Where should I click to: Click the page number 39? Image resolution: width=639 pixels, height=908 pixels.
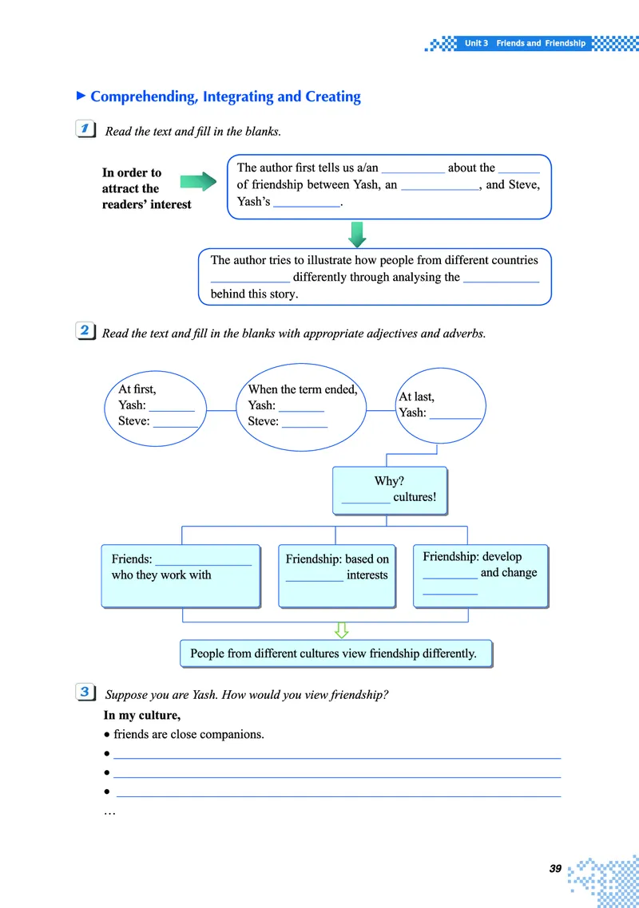(x=555, y=868)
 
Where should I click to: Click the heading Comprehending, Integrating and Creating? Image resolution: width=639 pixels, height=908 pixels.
(x=225, y=97)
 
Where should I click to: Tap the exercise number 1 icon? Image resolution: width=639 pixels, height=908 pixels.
(x=84, y=129)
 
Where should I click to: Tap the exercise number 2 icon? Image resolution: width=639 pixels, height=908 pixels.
(x=84, y=331)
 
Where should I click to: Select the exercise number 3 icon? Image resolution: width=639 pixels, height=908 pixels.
(x=84, y=693)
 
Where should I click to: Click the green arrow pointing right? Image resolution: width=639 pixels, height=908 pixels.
(x=199, y=181)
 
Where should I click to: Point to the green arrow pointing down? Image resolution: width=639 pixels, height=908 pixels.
(x=357, y=234)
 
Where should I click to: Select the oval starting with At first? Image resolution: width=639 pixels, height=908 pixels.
(x=157, y=405)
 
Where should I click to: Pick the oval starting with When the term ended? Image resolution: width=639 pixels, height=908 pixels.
(x=302, y=405)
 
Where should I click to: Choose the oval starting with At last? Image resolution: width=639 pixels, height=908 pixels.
(x=440, y=405)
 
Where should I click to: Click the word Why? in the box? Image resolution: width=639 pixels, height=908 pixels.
(x=389, y=481)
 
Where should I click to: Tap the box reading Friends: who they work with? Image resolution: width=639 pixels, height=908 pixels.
(x=181, y=575)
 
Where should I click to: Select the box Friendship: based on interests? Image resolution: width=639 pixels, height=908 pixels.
(x=337, y=575)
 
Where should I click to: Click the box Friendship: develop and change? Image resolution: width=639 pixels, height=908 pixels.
(x=480, y=574)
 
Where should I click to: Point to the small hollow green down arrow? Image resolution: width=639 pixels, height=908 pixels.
(x=341, y=630)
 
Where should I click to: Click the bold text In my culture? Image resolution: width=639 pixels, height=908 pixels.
(x=141, y=715)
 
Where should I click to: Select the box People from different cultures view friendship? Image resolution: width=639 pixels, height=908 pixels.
(x=335, y=653)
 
